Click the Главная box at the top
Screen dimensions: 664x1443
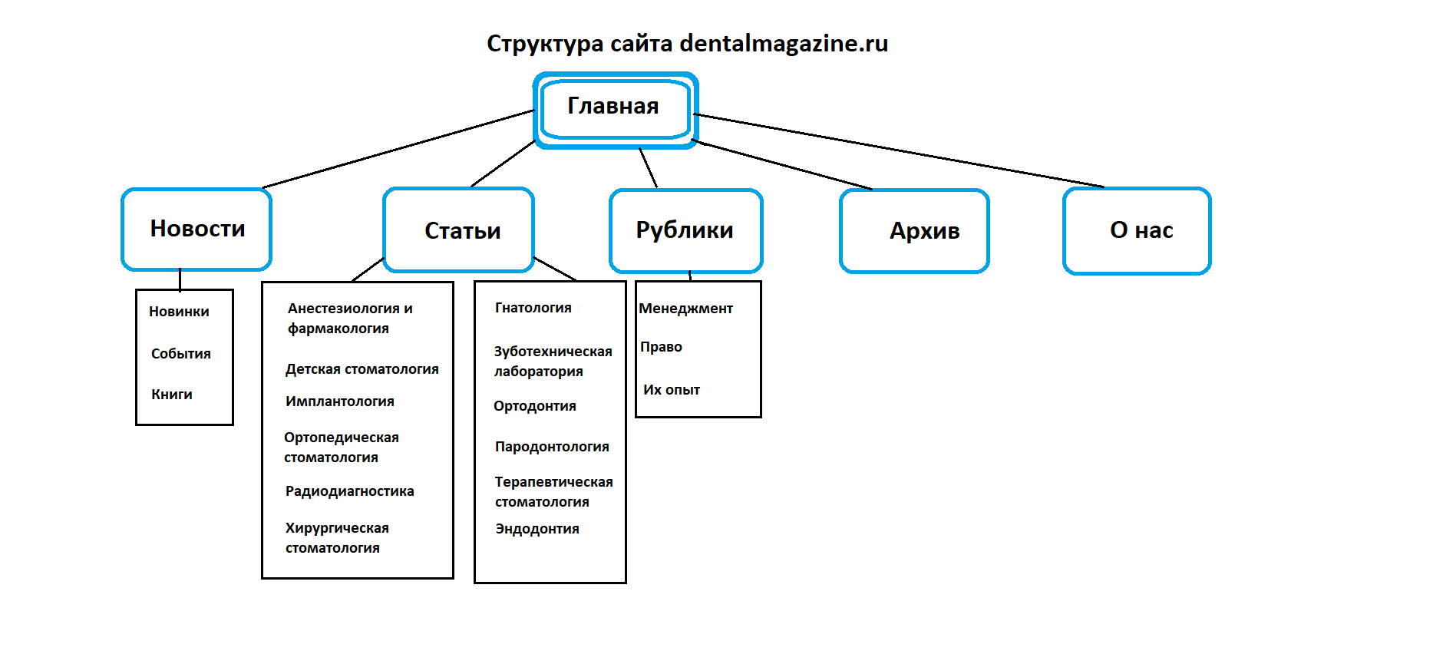(614, 107)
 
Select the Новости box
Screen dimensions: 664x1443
(196, 229)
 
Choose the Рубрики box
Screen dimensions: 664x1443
(685, 230)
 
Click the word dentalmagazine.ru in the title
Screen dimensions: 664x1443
(784, 44)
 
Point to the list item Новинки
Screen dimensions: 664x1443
(179, 312)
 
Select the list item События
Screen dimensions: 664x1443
(180, 354)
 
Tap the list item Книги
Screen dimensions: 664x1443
(172, 395)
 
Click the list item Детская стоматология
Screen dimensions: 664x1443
(362, 369)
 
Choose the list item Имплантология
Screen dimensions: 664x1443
(339, 401)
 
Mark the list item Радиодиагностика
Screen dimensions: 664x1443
(349, 491)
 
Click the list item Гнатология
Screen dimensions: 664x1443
(533, 308)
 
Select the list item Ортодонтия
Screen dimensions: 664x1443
(534, 406)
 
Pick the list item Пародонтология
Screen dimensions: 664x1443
(551, 447)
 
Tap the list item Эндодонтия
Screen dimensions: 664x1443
(537, 529)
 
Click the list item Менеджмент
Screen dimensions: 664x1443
(685, 309)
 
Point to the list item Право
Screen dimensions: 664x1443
(661, 347)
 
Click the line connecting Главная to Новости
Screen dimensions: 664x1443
(399, 149)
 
